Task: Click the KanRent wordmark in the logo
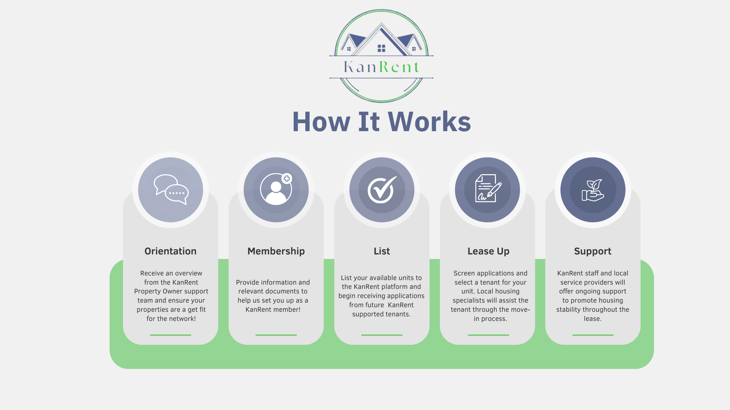coord(381,67)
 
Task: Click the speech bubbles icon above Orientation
coord(171,189)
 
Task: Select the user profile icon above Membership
coord(276,189)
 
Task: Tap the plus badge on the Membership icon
coord(287,178)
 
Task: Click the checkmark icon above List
coord(382,189)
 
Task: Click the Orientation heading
coord(170,251)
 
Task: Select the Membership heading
coord(276,251)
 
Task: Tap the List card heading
coord(382,251)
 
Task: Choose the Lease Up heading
coord(488,251)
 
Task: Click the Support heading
coord(593,251)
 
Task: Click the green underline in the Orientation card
coord(170,335)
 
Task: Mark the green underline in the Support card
coord(593,335)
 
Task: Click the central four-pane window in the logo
coord(381,48)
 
